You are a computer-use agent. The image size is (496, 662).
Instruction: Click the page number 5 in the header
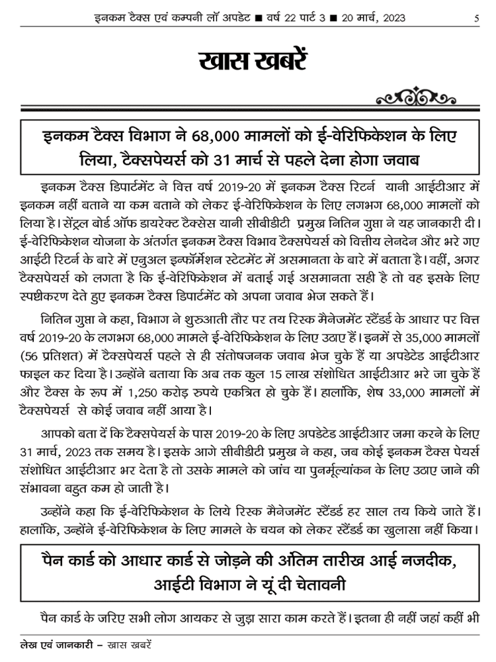[477, 18]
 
